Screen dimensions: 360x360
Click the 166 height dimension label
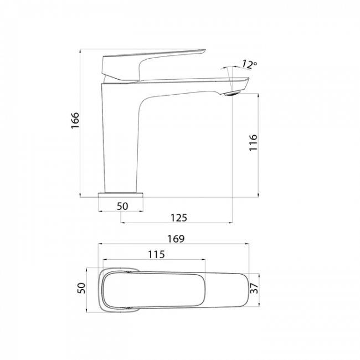pyautogui.click(x=75, y=120)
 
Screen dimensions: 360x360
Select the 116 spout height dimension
pyautogui.click(x=254, y=142)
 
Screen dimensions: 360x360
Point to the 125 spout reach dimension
pyautogui.click(x=179, y=218)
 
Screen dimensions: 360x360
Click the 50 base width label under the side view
pyautogui.click(x=122, y=207)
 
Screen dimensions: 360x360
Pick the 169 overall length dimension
pyautogui.click(x=176, y=239)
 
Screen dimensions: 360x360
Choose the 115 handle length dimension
pyautogui.click(x=156, y=254)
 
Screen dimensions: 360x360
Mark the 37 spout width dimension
pyautogui.click(x=254, y=287)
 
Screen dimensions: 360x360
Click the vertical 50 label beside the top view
pyautogui.click(x=81, y=288)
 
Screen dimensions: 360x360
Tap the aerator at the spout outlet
pyautogui.click(x=232, y=93)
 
